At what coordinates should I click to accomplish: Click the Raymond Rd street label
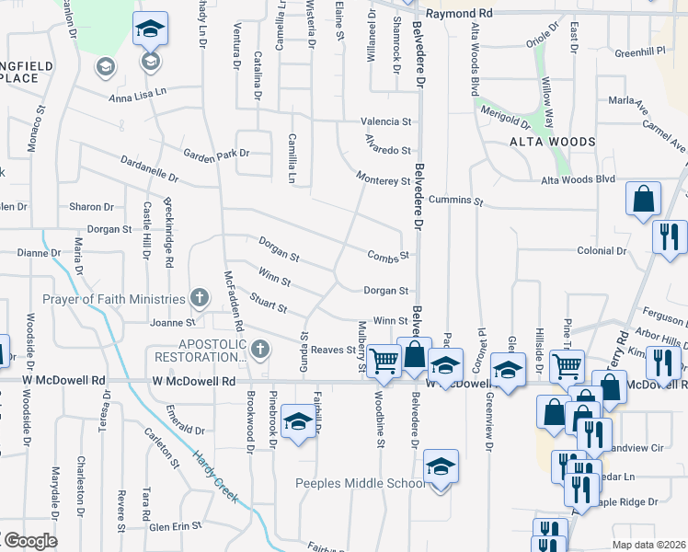click(460, 14)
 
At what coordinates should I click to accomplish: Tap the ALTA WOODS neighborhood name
click(553, 142)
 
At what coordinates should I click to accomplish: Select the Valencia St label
click(385, 121)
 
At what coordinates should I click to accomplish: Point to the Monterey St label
click(383, 181)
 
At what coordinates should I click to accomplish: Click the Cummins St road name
click(462, 200)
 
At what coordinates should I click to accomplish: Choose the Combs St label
click(386, 256)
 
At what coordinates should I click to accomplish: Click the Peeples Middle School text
click(359, 484)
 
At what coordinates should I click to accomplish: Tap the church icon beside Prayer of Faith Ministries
click(199, 298)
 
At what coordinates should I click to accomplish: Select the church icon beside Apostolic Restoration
click(260, 349)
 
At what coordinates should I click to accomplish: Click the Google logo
click(29, 541)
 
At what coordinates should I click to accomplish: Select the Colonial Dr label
click(602, 250)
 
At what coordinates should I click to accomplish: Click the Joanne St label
click(178, 323)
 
